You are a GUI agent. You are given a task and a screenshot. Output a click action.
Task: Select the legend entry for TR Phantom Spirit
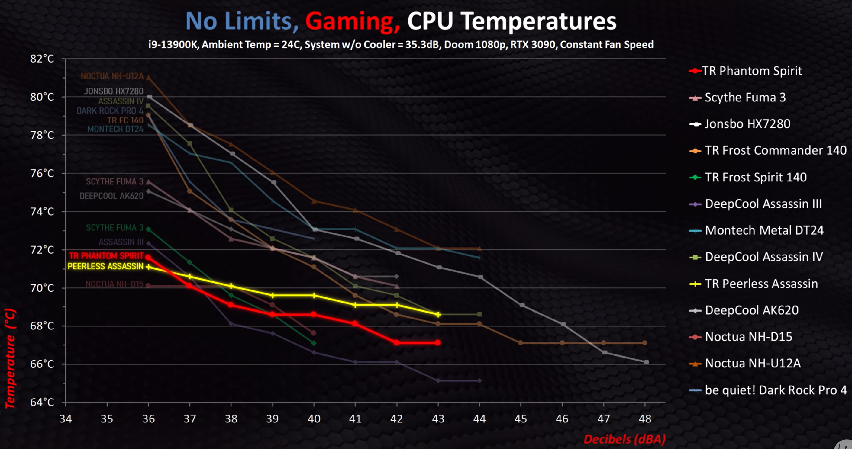(x=751, y=71)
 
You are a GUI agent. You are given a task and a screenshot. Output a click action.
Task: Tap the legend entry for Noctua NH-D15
(x=748, y=337)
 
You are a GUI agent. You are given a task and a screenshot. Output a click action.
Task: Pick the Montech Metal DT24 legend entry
(x=764, y=230)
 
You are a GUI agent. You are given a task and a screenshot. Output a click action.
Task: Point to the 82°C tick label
(x=42, y=59)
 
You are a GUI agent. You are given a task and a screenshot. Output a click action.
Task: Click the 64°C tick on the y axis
(x=42, y=402)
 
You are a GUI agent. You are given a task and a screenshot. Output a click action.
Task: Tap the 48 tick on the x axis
(x=645, y=419)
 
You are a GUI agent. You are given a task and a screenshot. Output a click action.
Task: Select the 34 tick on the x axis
(x=66, y=419)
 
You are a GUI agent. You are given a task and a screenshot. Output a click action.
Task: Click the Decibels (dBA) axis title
(x=624, y=439)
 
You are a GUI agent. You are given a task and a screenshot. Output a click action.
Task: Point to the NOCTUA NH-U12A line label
(x=112, y=76)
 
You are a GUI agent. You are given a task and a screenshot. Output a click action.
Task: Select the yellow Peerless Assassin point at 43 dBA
(x=438, y=314)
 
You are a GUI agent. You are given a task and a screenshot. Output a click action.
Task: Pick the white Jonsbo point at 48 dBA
(x=646, y=362)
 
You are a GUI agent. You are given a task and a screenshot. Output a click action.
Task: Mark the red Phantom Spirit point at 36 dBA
(x=148, y=257)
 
